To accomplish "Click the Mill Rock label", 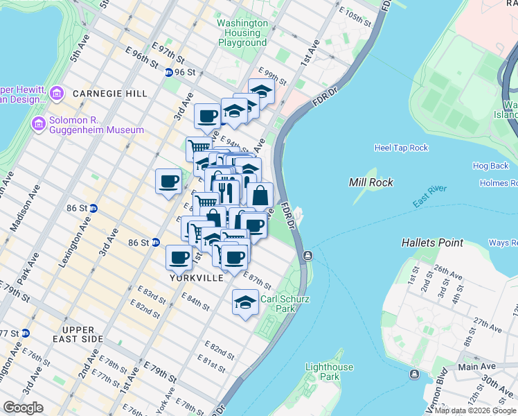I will pyautogui.click(x=371, y=182).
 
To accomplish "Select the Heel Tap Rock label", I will pyautogui.click(x=401, y=148).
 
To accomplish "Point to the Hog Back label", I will pyautogui.click(x=490, y=166).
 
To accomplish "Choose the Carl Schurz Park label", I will pyautogui.click(x=285, y=304).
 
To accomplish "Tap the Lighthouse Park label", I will pyautogui.click(x=330, y=372).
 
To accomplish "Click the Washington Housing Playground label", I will pyautogui.click(x=242, y=33).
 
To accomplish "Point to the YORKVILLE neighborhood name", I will pyautogui.click(x=197, y=277).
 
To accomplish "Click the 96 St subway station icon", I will pyautogui.click(x=169, y=72).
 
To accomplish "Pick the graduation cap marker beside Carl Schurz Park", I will pyautogui.click(x=244, y=302).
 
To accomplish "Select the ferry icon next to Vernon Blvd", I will pyautogui.click(x=414, y=374).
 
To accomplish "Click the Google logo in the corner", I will pyautogui.click(x=24, y=407).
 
